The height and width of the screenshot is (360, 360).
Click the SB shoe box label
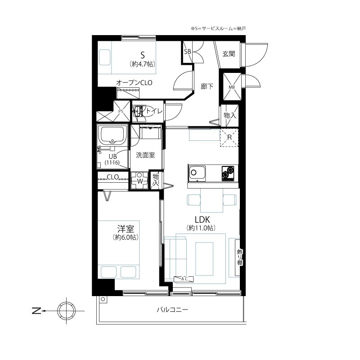(188, 52)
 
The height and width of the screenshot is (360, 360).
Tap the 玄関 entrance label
(229, 54)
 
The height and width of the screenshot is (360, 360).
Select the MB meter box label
(232, 87)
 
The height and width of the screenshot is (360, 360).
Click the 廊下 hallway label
(207, 86)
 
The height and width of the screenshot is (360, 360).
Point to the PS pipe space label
(121, 111)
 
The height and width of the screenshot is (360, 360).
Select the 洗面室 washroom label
(145, 155)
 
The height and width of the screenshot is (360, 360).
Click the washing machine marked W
(139, 180)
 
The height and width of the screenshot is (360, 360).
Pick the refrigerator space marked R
(229, 137)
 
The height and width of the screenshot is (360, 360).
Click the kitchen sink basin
(197, 173)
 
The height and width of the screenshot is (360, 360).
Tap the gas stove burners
(228, 173)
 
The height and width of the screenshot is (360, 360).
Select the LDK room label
(202, 220)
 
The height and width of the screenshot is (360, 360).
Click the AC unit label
(184, 279)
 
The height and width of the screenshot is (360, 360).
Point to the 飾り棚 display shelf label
(239, 257)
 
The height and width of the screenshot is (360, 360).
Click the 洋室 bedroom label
(126, 229)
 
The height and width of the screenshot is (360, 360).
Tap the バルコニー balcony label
(172, 310)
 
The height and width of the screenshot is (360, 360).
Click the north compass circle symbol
(66, 311)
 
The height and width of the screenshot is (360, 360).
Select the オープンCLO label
(134, 83)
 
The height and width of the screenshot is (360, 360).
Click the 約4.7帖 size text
(142, 64)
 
